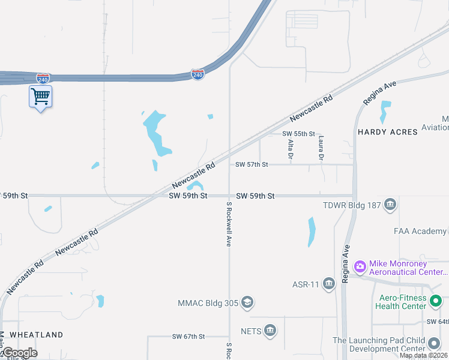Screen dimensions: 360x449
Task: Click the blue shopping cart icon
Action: coord(40,96)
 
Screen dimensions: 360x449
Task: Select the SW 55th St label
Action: coord(298,133)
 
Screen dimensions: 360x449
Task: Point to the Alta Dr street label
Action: coord(291,149)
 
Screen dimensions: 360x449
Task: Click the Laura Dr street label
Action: coord(321,148)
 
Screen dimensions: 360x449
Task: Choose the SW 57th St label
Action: coord(252,164)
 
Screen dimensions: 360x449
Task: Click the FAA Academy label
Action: coord(420,231)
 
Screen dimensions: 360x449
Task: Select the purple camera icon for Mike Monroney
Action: coord(360,266)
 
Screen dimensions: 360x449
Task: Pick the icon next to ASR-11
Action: coord(328,283)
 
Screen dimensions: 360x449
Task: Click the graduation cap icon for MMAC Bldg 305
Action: coord(247,303)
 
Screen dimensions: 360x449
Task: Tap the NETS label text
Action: coord(251,330)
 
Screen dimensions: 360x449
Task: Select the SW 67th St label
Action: coord(188,337)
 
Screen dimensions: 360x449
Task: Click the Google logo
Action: coord(19,353)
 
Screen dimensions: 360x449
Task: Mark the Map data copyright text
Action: coord(423,355)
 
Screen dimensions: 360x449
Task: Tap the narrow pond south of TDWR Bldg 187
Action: coord(311,232)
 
